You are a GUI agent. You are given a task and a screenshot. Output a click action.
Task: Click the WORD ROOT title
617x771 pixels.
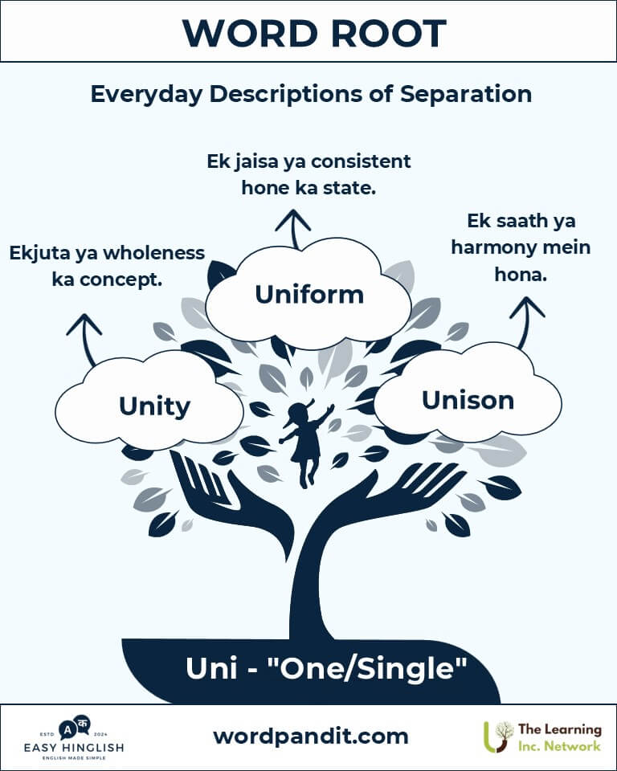[x=314, y=34]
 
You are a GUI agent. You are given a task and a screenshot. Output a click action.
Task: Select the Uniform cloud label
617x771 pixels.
[x=309, y=295]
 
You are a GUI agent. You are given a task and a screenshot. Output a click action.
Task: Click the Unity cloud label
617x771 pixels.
[x=154, y=406]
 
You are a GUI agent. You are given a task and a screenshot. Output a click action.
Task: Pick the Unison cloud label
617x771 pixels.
[x=468, y=400]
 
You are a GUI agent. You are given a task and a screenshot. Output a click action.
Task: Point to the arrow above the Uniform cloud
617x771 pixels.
[x=293, y=229]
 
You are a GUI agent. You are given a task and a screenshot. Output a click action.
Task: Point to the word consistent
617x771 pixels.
[x=362, y=161]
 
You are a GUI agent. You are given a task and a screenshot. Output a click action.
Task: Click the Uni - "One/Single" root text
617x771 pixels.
[x=326, y=668]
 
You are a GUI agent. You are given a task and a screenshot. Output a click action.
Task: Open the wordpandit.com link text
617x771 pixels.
[x=311, y=736]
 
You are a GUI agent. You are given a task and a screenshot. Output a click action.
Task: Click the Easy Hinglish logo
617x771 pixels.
[x=74, y=738]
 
